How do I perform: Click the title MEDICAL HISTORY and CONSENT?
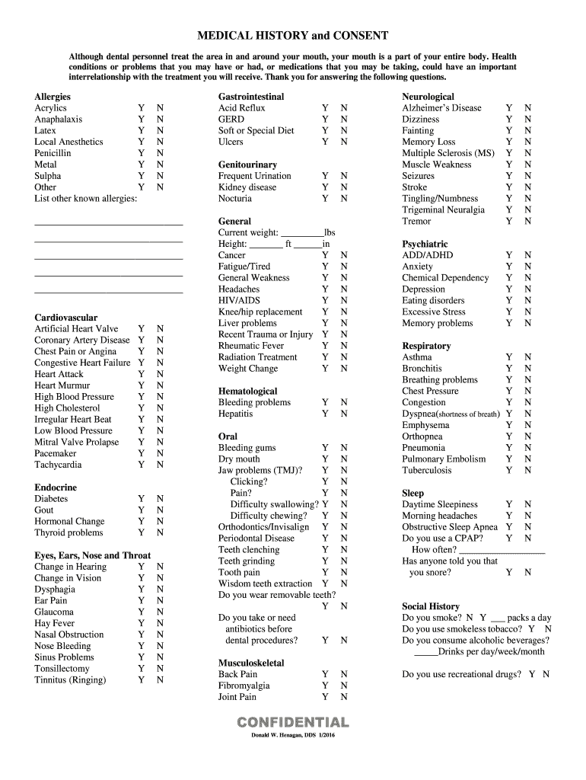coord(293,36)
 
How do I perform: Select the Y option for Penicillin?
coord(141,153)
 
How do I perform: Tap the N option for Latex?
coord(160,130)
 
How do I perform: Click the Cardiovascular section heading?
coord(66,317)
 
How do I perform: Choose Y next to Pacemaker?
coord(141,453)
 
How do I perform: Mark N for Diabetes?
coord(160,499)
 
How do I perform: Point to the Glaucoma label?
coord(54,612)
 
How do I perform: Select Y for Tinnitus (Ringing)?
coord(141,679)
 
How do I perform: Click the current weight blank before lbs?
coord(302,233)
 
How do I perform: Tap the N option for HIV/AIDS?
coord(344,301)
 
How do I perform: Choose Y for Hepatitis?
coord(325,414)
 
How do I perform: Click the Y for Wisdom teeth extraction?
coord(325,583)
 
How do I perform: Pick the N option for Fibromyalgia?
coord(344,686)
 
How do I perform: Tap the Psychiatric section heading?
coord(425,244)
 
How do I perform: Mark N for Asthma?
coord(528,357)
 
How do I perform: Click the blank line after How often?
coord(502,550)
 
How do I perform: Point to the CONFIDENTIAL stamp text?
coord(293,722)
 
